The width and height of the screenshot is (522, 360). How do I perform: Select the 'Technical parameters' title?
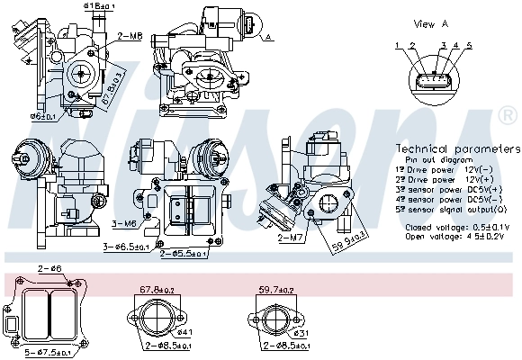click(x=458, y=148)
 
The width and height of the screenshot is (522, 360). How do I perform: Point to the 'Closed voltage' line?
click(x=456, y=227)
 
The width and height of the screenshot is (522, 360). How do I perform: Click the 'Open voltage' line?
click(x=456, y=237)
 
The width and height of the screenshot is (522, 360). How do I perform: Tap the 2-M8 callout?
click(x=130, y=36)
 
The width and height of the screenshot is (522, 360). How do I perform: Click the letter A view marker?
click(x=267, y=37)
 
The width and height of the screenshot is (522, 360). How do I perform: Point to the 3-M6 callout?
click(x=123, y=223)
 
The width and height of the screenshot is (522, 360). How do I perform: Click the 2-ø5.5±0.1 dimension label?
click(x=184, y=254)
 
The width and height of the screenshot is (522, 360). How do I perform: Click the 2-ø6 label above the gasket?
click(x=49, y=269)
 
